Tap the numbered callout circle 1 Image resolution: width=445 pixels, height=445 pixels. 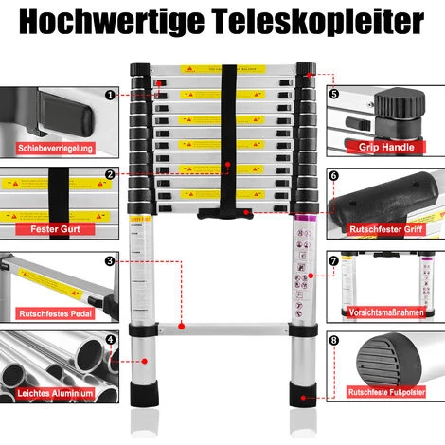pyautogui.click(x=111, y=95)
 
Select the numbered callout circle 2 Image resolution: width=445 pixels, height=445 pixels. pyautogui.click(x=111, y=174)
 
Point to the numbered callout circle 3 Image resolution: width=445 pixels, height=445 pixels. pyautogui.click(x=111, y=260)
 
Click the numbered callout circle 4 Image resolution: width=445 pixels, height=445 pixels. pyautogui.click(x=111, y=339)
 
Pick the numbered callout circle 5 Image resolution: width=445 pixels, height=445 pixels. pyautogui.click(x=333, y=95)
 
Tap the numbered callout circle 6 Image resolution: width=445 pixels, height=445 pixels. pyautogui.click(x=333, y=175)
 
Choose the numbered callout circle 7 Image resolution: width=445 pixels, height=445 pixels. pyautogui.click(x=333, y=260)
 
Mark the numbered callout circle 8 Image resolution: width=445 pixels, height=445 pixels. pyautogui.click(x=333, y=340)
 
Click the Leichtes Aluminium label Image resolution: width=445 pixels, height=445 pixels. pyautogui.click(x=55, y=392)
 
